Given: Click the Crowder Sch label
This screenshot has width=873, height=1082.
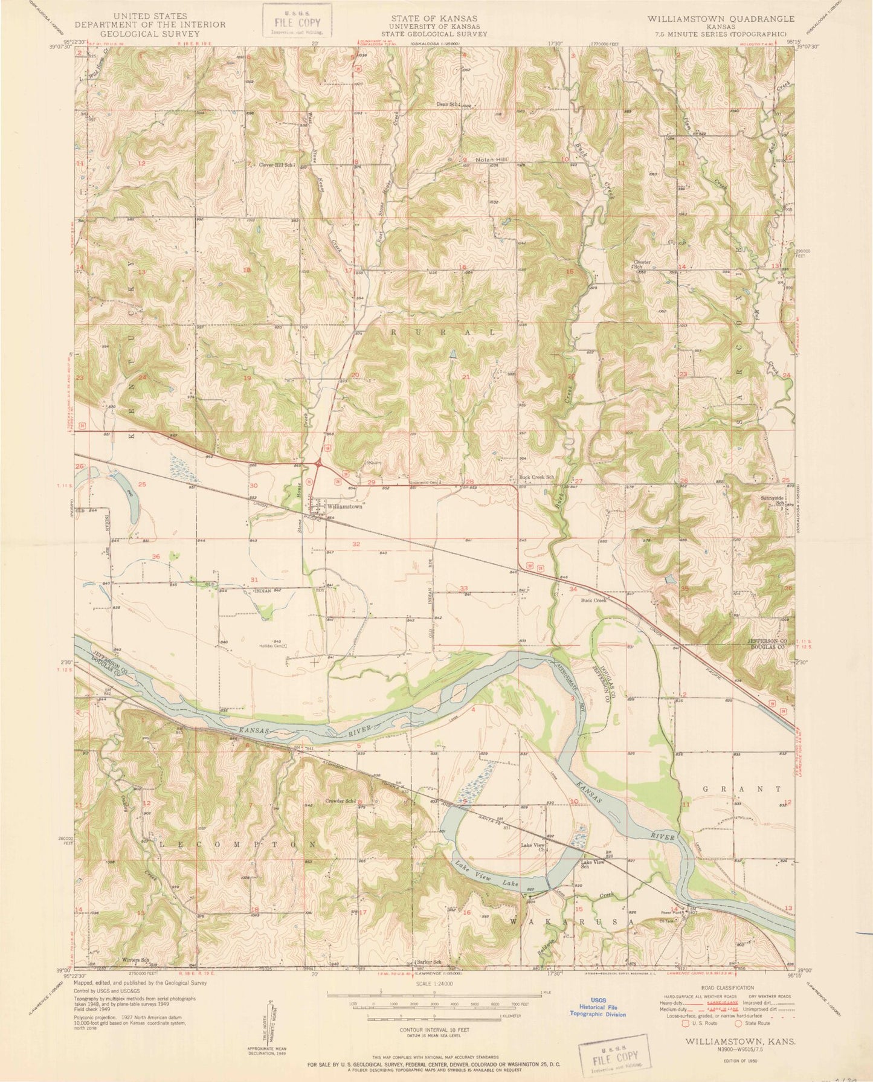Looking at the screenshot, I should click(x=340, y=801).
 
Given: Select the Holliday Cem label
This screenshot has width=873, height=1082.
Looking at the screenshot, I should click(x=271, y=645).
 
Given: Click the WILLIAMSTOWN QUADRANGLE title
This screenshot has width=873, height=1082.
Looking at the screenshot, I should click(x=716, y=19).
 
